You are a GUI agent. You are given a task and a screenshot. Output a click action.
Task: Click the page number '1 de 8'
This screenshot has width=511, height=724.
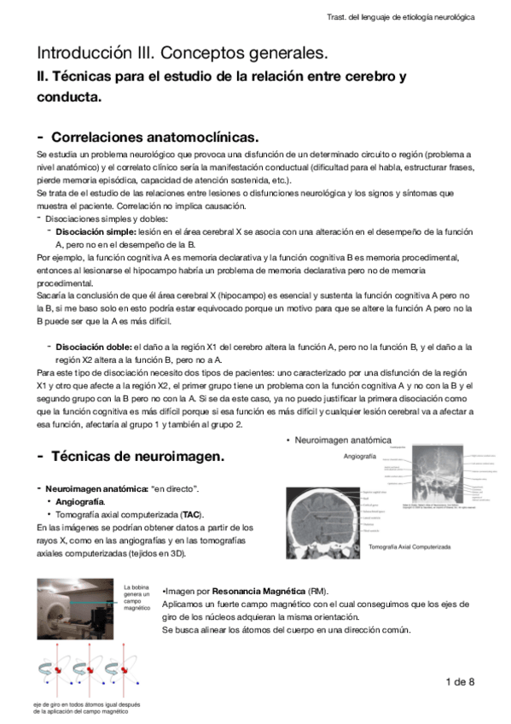459,680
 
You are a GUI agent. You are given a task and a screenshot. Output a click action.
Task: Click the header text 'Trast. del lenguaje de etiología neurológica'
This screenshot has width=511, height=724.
400,16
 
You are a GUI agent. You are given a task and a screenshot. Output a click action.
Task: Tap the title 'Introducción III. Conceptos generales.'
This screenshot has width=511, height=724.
182,53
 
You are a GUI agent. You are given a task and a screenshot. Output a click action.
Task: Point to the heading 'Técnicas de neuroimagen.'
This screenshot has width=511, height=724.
138,457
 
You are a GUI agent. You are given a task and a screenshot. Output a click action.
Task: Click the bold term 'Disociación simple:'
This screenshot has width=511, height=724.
96,231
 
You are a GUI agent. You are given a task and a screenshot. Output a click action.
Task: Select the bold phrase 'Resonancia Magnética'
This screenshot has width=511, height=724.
267,591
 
